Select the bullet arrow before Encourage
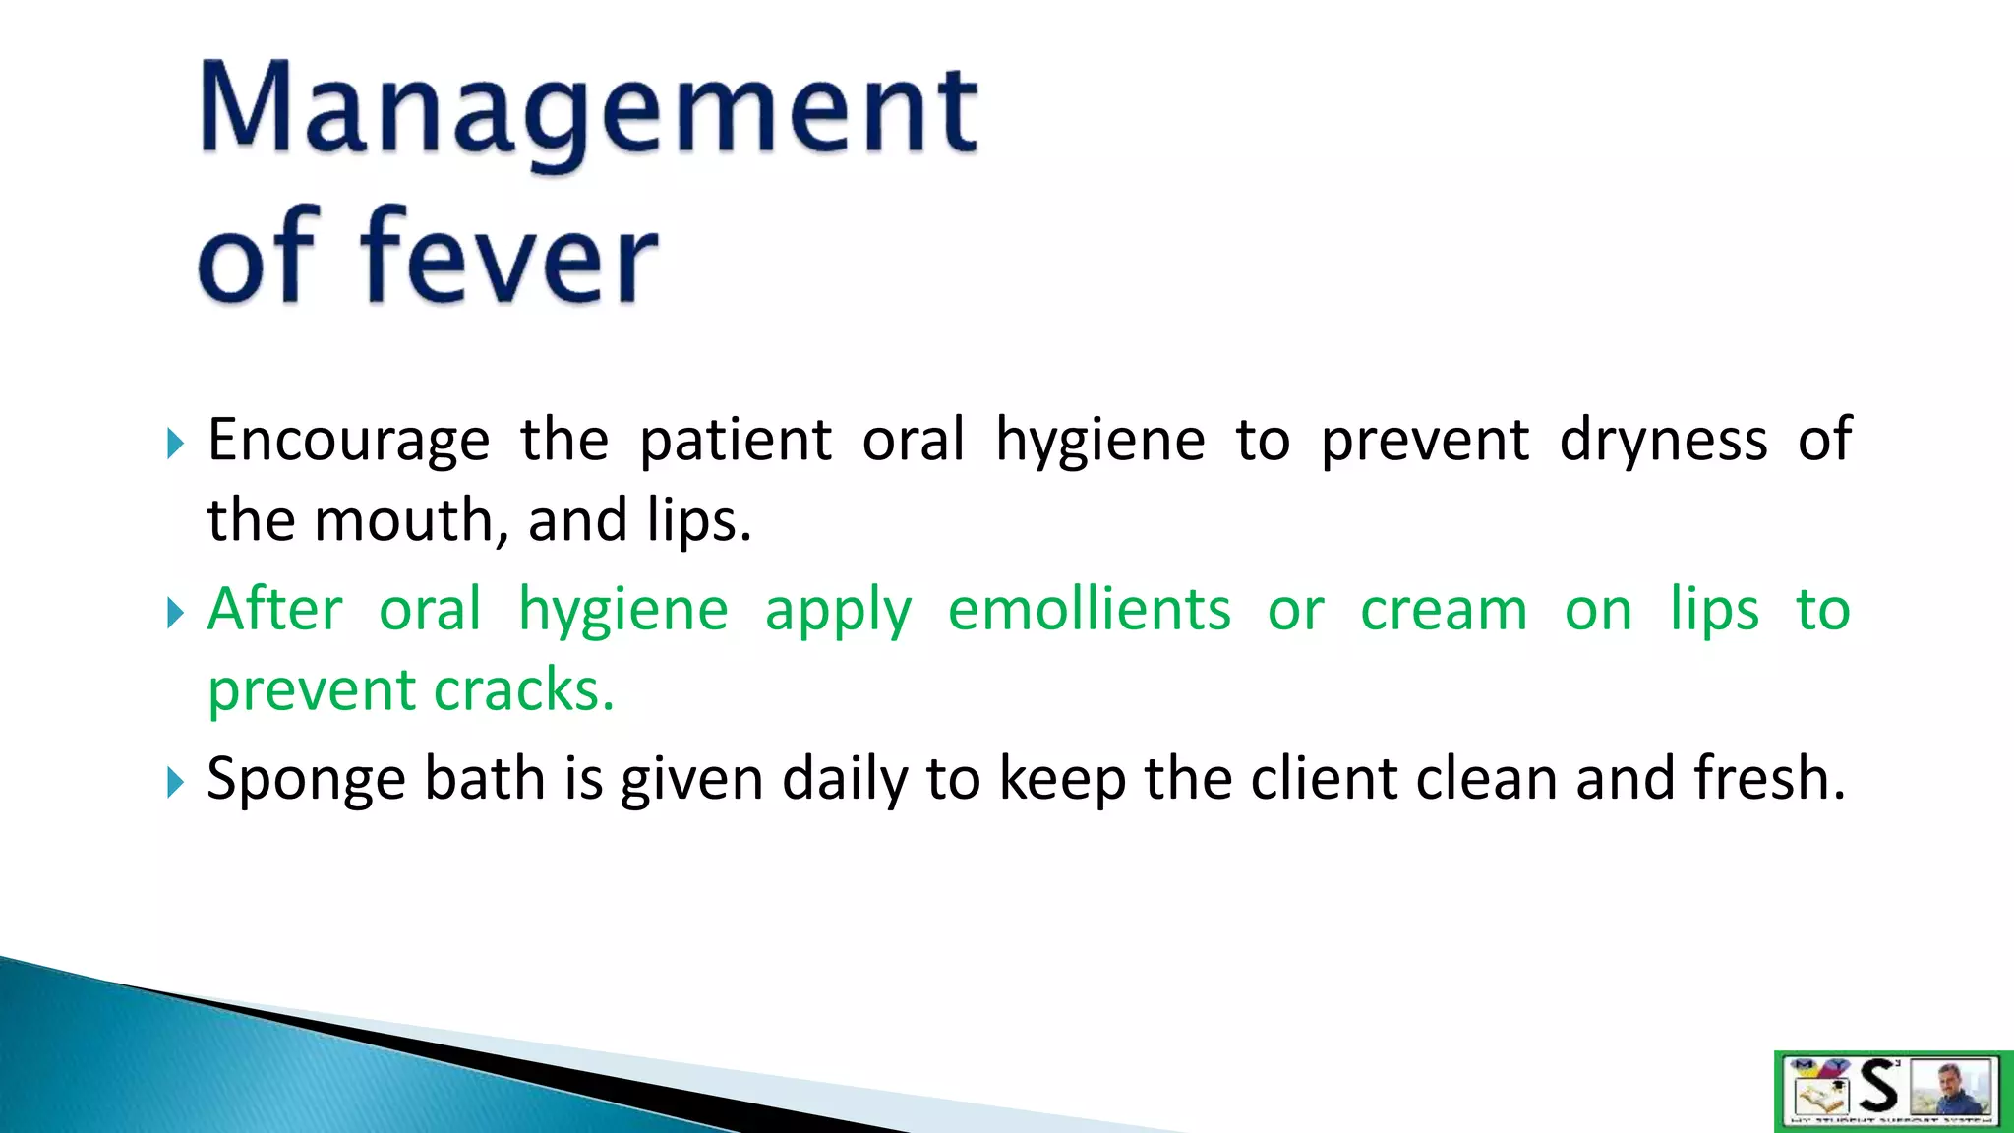pos(175,444)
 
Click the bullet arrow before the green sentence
pos(175,614)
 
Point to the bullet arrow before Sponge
pos(175,783)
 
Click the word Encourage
pos(348,440)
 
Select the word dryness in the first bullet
pos(1663,440)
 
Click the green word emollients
pos(1089,610)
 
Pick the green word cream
pos(1444,610)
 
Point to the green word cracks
pos(523,690)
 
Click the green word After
pos(274,610)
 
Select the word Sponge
pos(306,780)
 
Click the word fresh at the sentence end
pos(1768,779)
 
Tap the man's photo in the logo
pos(1951,1088)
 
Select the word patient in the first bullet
pos(736,440)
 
